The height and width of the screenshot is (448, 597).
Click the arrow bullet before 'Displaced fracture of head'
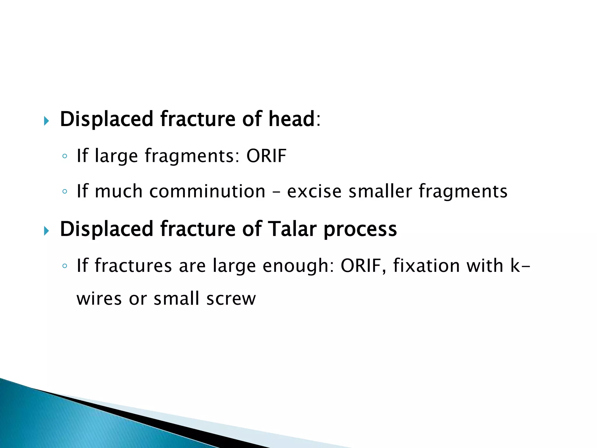pyautogui.click(x=46, y=120)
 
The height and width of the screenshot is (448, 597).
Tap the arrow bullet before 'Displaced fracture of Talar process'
pyautogui.click(x=46, y=231)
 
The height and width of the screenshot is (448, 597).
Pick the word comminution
pyautogui.click(x=207, y=191)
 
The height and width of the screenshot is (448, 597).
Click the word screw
pyautogui.click(x=231, y=299)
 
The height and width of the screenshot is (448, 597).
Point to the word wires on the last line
pyautogui.click(x=99, y=299)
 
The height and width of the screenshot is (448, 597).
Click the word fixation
pyautogui.click(x=426, y=266)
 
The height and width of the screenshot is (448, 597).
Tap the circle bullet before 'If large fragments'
pyautogui.click(x=65, y=156)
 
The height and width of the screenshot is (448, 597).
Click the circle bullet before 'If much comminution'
pyautogui.click(x=65, y=192)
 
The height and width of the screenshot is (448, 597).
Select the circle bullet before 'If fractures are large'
pyautogui.click(x=65, y=266)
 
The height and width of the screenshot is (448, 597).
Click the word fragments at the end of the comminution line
pyautogui.click(x=463, y=192)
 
